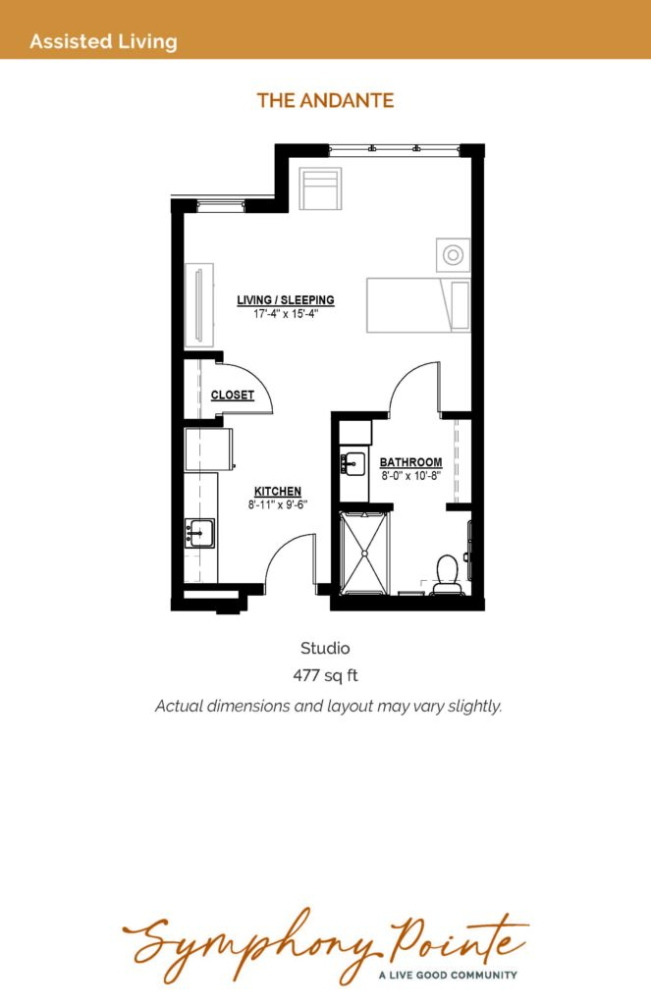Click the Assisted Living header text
[103, 41]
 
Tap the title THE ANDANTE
[325, 101]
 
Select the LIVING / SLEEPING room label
[286, 299]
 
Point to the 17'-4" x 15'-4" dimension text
[286, 314]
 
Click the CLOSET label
[232, 395]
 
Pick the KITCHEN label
[278, 491]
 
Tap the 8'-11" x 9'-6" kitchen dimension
[278, 504]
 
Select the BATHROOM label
[410, 461]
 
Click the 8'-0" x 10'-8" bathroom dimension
[410, 476]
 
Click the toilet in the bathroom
[447, 574]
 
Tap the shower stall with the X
[363, 552]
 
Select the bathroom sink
[353, 463]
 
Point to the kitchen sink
[199, 533]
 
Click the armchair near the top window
[321, 187]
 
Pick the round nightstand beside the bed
[453, 254]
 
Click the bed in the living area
[418, 305]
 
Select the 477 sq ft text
[325, 675]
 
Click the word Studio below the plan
[325, 648]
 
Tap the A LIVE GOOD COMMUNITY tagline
[448, 975]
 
